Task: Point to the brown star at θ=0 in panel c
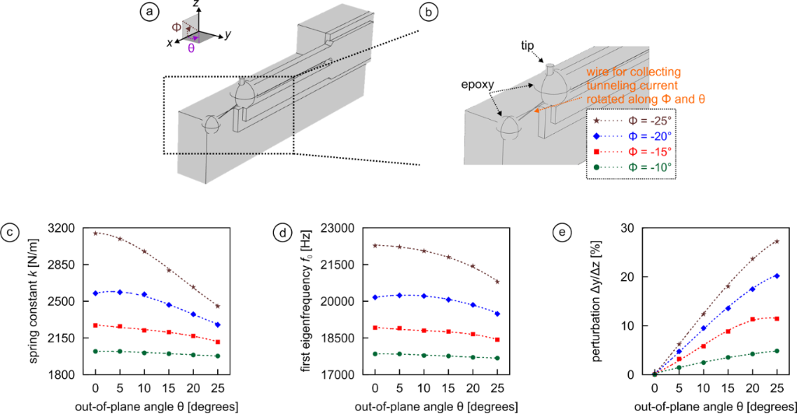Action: point(96,233)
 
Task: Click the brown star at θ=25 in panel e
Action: point(777,241)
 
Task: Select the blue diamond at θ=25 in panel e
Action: point(777,275)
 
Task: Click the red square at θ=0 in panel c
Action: point(96,325)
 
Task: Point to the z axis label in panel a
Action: point(198,5)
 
